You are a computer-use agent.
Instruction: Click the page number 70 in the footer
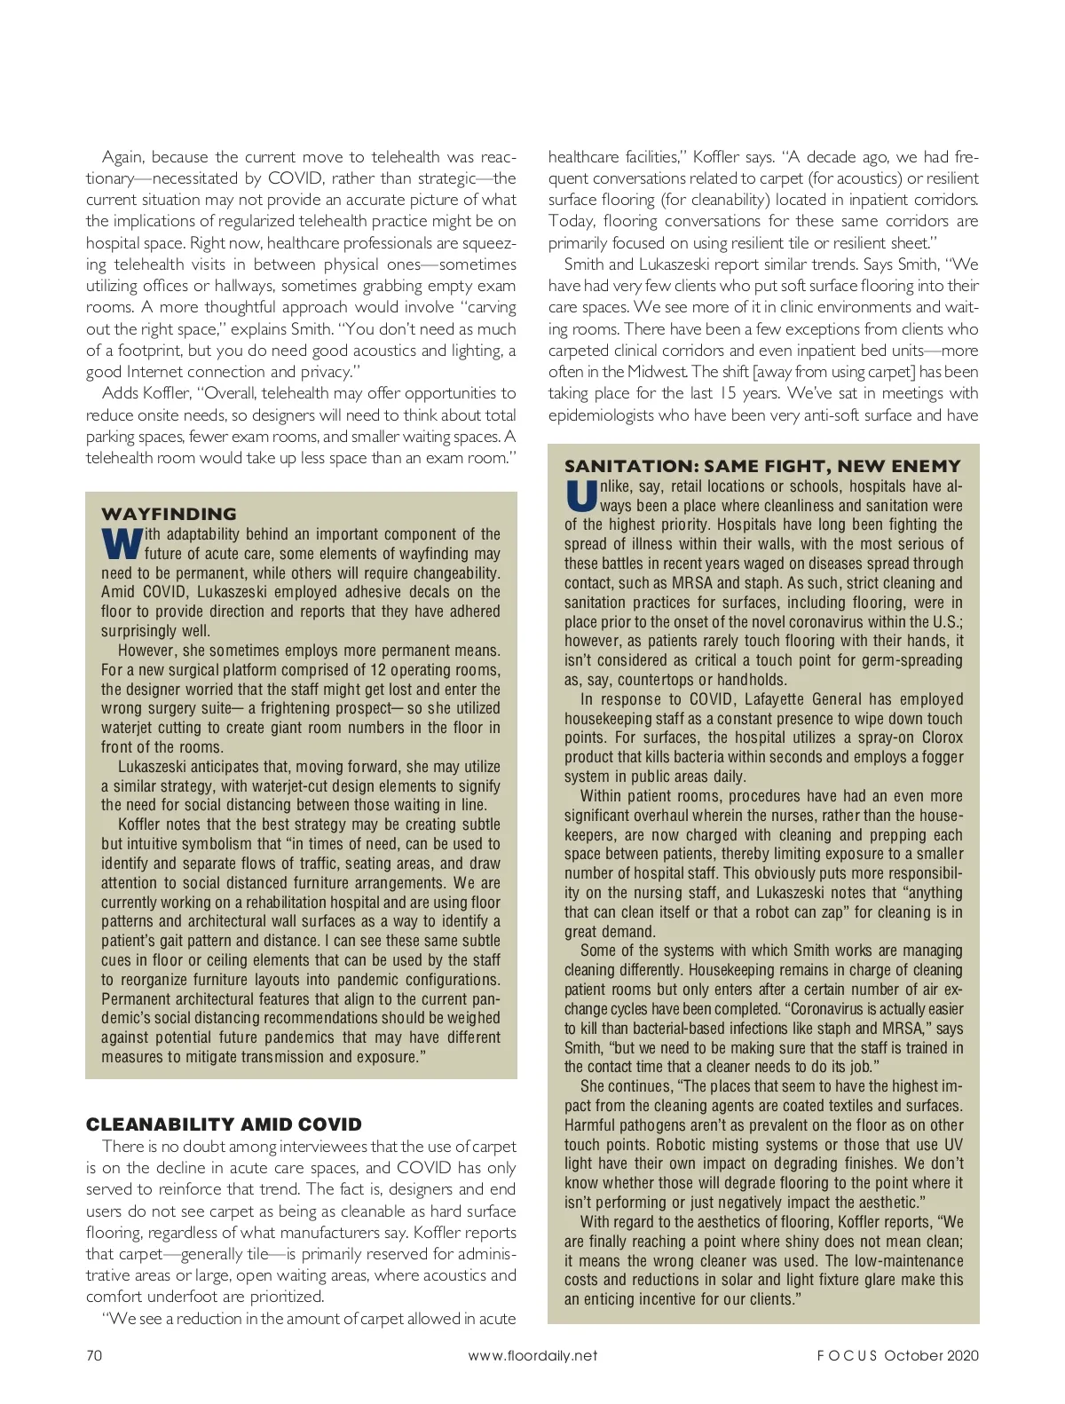[94, 1355]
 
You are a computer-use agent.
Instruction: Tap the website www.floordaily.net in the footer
[532, 1355]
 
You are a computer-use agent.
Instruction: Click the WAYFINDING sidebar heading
[169, 514]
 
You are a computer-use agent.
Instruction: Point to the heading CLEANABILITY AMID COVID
[224, 1124]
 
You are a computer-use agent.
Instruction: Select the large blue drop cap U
[579, 494]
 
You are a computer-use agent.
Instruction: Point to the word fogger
[941, 757]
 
